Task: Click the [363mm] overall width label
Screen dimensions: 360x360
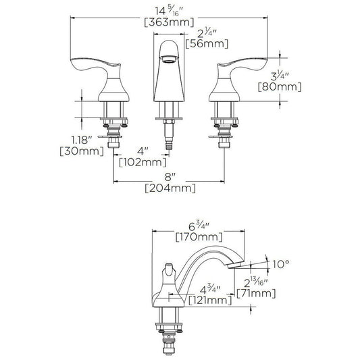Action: (x=169, y=22)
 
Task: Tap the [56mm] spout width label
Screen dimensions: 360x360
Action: (x=207, y=44)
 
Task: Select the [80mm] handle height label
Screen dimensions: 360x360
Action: (x=280, y=87)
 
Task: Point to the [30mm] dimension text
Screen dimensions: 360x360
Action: (x=82, y=151)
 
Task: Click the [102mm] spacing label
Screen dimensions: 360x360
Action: (x=143, y=163)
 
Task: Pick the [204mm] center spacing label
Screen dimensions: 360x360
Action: (x=170, y=188)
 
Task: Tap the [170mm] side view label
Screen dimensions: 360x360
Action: (x=199, y=237)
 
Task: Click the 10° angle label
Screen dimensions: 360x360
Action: (x=281, y=264)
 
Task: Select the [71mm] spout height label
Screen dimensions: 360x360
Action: (x=256, y=293)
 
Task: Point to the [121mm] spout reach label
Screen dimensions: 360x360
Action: (x=210, y=301)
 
